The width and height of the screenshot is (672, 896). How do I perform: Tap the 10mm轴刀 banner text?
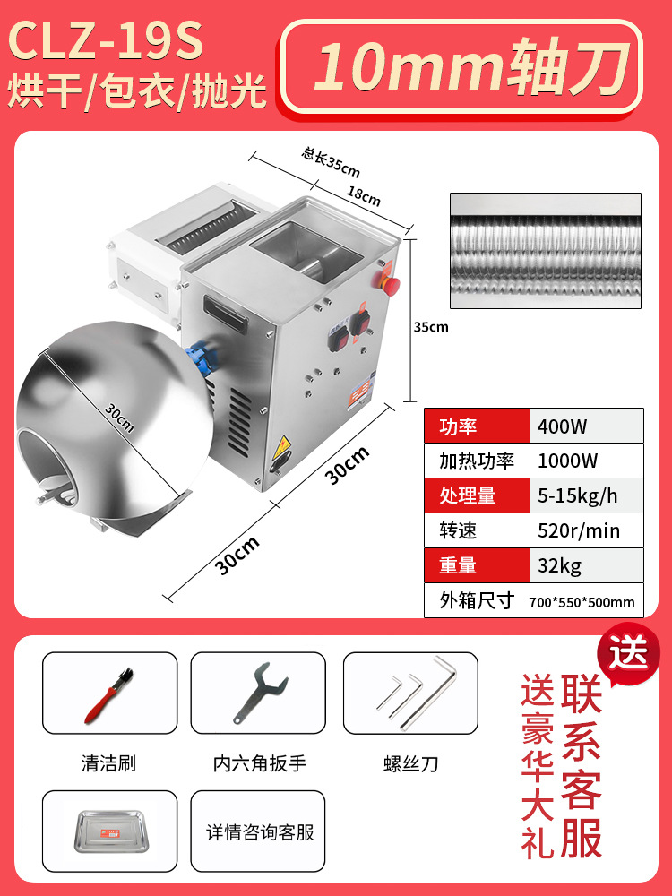pos(461,65)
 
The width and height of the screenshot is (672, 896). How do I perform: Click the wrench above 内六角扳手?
pos(260,693)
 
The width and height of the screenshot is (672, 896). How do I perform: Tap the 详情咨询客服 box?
pos(260,832)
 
